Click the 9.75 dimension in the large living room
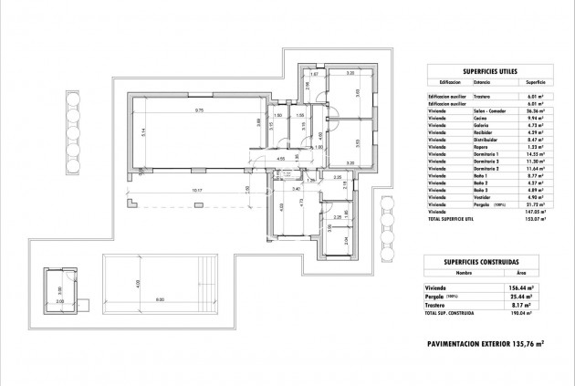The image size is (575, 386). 198,110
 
